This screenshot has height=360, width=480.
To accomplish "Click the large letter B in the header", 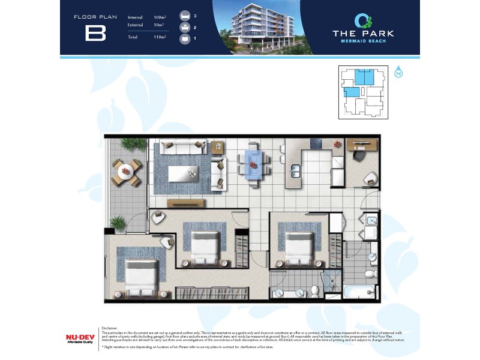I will [x=95, y=33].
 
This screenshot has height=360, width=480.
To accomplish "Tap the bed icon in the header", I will [x=185, y=16].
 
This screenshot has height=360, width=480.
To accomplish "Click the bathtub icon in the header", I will [x=185, y=28].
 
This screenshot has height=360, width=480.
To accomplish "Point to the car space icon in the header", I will [x=185, y=38].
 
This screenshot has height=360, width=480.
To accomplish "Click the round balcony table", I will [x=125, y=171].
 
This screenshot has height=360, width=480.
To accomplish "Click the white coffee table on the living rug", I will [x=183, y=173].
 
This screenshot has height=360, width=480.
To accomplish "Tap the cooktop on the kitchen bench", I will [x=316, y=144].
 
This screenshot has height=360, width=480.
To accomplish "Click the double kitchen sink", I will [x=295, y=170].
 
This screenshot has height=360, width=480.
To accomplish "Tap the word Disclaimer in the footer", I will [x=110, y=328].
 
